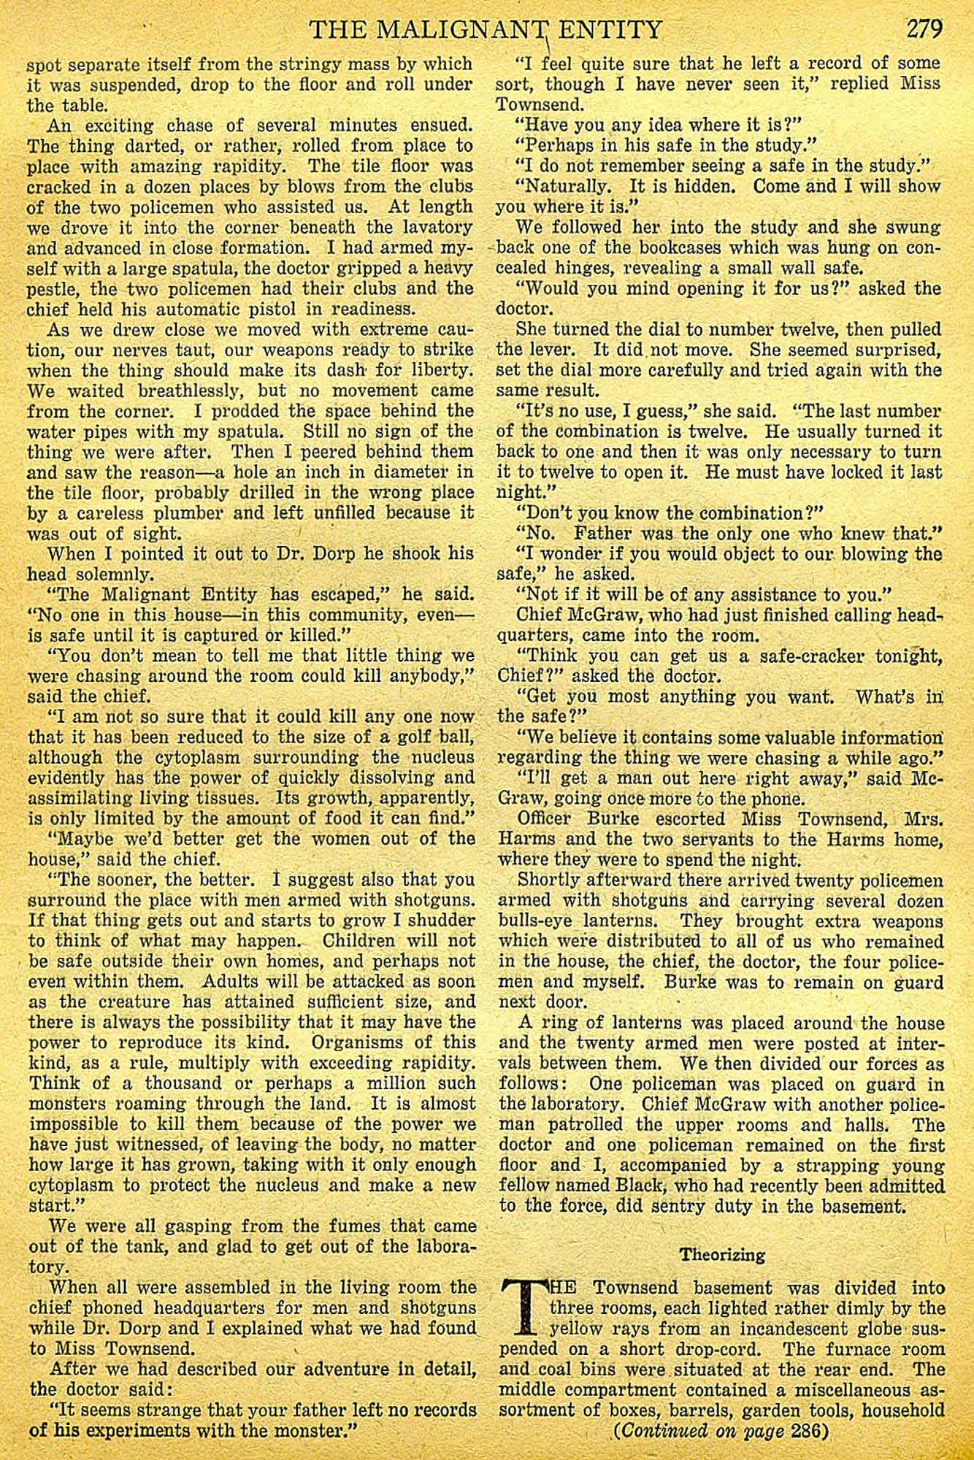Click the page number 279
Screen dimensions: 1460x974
click(x=925, y=29)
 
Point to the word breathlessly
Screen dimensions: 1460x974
click(x=191, y=390)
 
